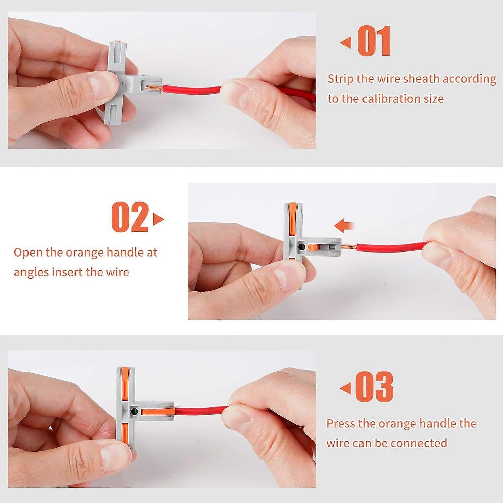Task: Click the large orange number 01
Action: (374, 41)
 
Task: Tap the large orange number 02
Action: (130, 217)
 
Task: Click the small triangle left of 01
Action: (345, 43)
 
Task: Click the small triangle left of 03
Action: (345, 388)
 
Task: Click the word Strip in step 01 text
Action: (340, 79)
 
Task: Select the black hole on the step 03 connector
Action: (134, 411)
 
